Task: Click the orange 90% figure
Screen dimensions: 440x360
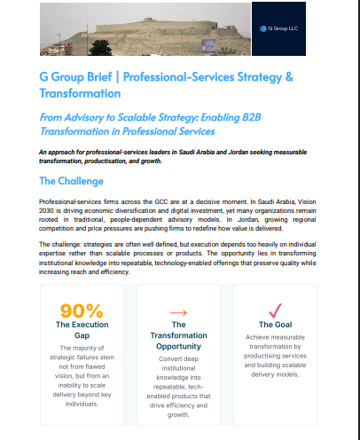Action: [82, 310]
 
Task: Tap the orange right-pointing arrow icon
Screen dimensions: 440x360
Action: [178, 312]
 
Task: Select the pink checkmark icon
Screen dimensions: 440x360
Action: [275, 310]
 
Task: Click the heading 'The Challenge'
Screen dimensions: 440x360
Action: [73, 181]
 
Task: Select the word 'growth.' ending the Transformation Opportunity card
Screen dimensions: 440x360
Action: [178, 413]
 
